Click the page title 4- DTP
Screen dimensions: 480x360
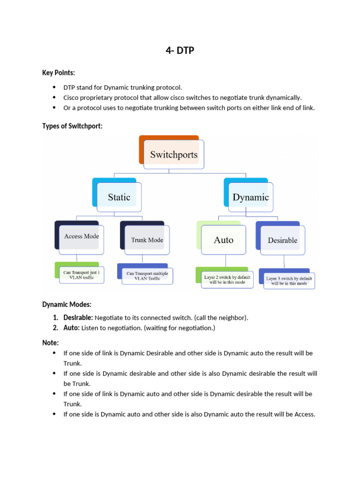coord(180,51)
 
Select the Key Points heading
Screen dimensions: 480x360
coord(59,73)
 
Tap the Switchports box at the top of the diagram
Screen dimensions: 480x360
coord(173,155)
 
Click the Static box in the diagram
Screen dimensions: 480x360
coord(119,197)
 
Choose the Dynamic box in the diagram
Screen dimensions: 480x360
coord(250,197)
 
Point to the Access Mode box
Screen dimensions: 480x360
coord(81,237)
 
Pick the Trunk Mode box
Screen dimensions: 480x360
coord(147,240)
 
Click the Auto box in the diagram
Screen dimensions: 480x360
coord(224,240)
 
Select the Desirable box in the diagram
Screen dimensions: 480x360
coord(282,240)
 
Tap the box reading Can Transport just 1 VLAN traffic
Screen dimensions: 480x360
coord(82,275)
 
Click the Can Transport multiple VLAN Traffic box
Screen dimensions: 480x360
coord(147,276)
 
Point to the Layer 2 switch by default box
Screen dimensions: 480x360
coord(227,280)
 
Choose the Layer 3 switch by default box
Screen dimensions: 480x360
coord(289,281)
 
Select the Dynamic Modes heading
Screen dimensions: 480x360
coord(67,305)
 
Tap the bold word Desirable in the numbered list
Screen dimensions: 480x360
coord(78,318)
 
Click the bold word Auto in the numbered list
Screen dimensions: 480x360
coord(71,328)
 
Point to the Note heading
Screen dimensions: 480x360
coord(50,343)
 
